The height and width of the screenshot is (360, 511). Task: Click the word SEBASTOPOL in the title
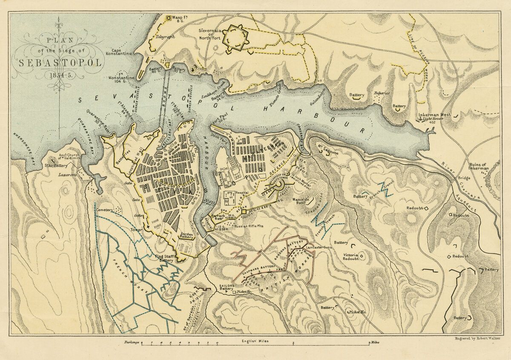tap(60, 62)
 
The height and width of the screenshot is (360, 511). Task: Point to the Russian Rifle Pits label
tap(258, 226)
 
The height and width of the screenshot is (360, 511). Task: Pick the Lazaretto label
tap(67, 175)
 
